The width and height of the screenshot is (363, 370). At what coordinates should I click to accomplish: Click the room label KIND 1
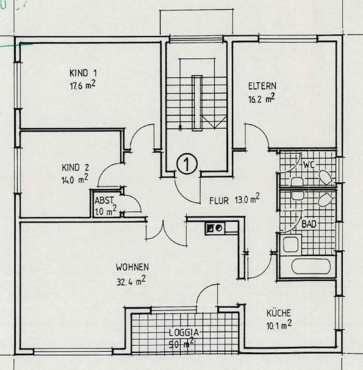pos(83,73)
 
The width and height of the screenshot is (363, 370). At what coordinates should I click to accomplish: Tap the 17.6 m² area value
pos(82,85)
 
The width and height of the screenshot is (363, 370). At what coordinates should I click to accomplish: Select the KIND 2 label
pos(75,168)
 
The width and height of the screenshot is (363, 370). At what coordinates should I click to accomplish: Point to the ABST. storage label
pos(104,201)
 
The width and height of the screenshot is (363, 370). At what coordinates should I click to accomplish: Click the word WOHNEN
pos(132,267)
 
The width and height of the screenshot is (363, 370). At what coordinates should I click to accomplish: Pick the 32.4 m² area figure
pos(131,280)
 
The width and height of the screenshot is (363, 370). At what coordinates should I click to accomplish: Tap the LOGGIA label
pos(184,333)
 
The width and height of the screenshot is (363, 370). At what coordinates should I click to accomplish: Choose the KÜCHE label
pos(279,313)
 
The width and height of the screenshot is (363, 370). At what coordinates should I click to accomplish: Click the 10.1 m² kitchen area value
pos(279,325)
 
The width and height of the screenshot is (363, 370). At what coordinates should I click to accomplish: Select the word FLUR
pos(219,201)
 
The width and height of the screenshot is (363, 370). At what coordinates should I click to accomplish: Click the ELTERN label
pos(262,86)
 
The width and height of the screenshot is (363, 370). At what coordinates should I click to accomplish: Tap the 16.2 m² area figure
pos(262,98)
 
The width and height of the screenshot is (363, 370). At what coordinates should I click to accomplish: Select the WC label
pos(309,165)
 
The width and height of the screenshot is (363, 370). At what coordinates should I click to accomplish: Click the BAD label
pos(309,224)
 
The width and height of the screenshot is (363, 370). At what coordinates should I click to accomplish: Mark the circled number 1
pos(187,164)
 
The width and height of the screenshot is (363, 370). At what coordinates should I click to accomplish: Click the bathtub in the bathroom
pos(311,266)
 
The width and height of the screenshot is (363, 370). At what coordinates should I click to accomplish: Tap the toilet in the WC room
pos(326,178)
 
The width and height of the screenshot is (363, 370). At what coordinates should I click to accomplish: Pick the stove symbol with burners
pos(215,228)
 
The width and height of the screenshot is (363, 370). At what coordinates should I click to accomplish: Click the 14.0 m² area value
pos(74,179)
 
